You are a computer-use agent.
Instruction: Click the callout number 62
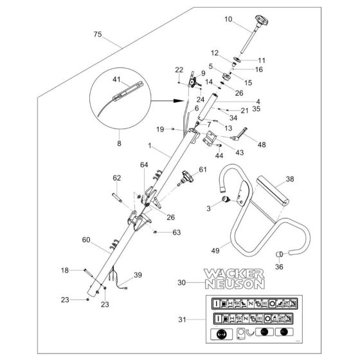click(x=116, y=178)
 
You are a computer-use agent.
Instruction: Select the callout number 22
click(x=179, y=69)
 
